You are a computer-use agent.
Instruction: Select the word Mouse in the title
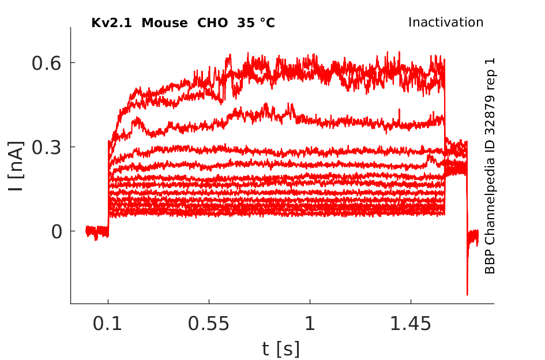[164, 23]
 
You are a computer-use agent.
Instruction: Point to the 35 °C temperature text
[256, 23]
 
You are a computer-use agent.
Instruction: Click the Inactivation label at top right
[445, 22]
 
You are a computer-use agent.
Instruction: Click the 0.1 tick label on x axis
[108, 324]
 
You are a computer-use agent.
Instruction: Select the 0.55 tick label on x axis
[209, 324]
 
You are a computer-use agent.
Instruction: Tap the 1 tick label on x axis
[310, 324]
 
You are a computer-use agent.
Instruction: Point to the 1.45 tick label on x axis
[411, 324]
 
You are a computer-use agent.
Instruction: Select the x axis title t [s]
[281, 348]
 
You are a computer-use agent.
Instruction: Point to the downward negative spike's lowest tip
[467, 295]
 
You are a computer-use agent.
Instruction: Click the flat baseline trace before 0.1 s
[97, 231]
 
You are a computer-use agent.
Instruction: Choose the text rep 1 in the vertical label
[490, 72]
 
